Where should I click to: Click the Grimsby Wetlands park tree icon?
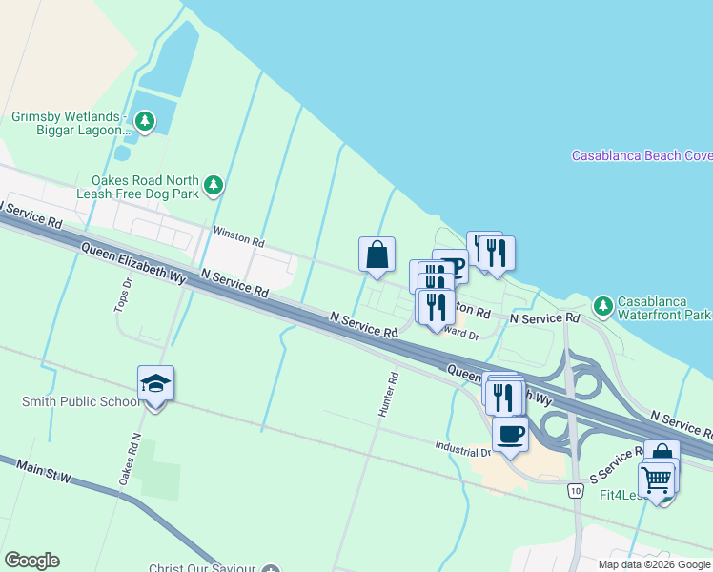tap(145, 121)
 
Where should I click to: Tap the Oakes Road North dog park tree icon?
tap(214, 184)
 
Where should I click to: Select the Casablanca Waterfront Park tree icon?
tap(602, 306)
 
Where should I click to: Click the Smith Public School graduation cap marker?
tap(155, 384)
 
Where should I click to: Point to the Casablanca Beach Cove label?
tap(641, 155)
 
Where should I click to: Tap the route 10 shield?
tap(574, 490)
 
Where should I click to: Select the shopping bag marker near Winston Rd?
tap(377, 255)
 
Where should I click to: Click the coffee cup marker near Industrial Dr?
tap(511, 434)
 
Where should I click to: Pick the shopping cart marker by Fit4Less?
tap(656, 481)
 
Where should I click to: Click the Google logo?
tap(31, 561)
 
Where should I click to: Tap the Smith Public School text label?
tap(79, 401)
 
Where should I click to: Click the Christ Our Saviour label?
tap(205, 568)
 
